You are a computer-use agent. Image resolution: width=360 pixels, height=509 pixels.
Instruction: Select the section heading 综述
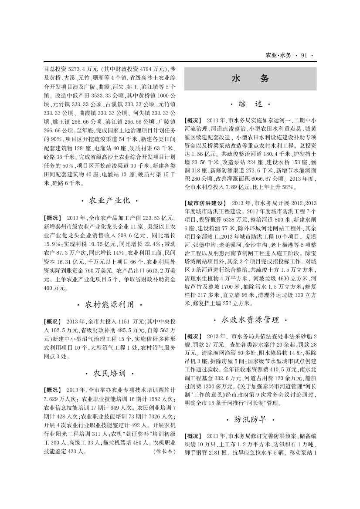[x=250, y=104]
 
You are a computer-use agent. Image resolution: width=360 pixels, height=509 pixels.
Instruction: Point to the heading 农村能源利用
[x=110, y=303]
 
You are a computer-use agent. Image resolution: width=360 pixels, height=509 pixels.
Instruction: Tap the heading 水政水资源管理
[x=250, y=320]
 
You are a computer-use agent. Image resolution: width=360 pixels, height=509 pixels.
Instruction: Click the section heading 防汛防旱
[x=250, y=420]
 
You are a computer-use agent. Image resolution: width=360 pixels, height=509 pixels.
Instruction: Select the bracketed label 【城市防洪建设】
[x=205, y=203]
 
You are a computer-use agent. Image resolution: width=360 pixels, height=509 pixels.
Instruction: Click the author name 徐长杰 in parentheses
[x=164, y=452]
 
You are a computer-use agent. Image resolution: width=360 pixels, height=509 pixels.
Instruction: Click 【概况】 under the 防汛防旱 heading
[x=194, y=436]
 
